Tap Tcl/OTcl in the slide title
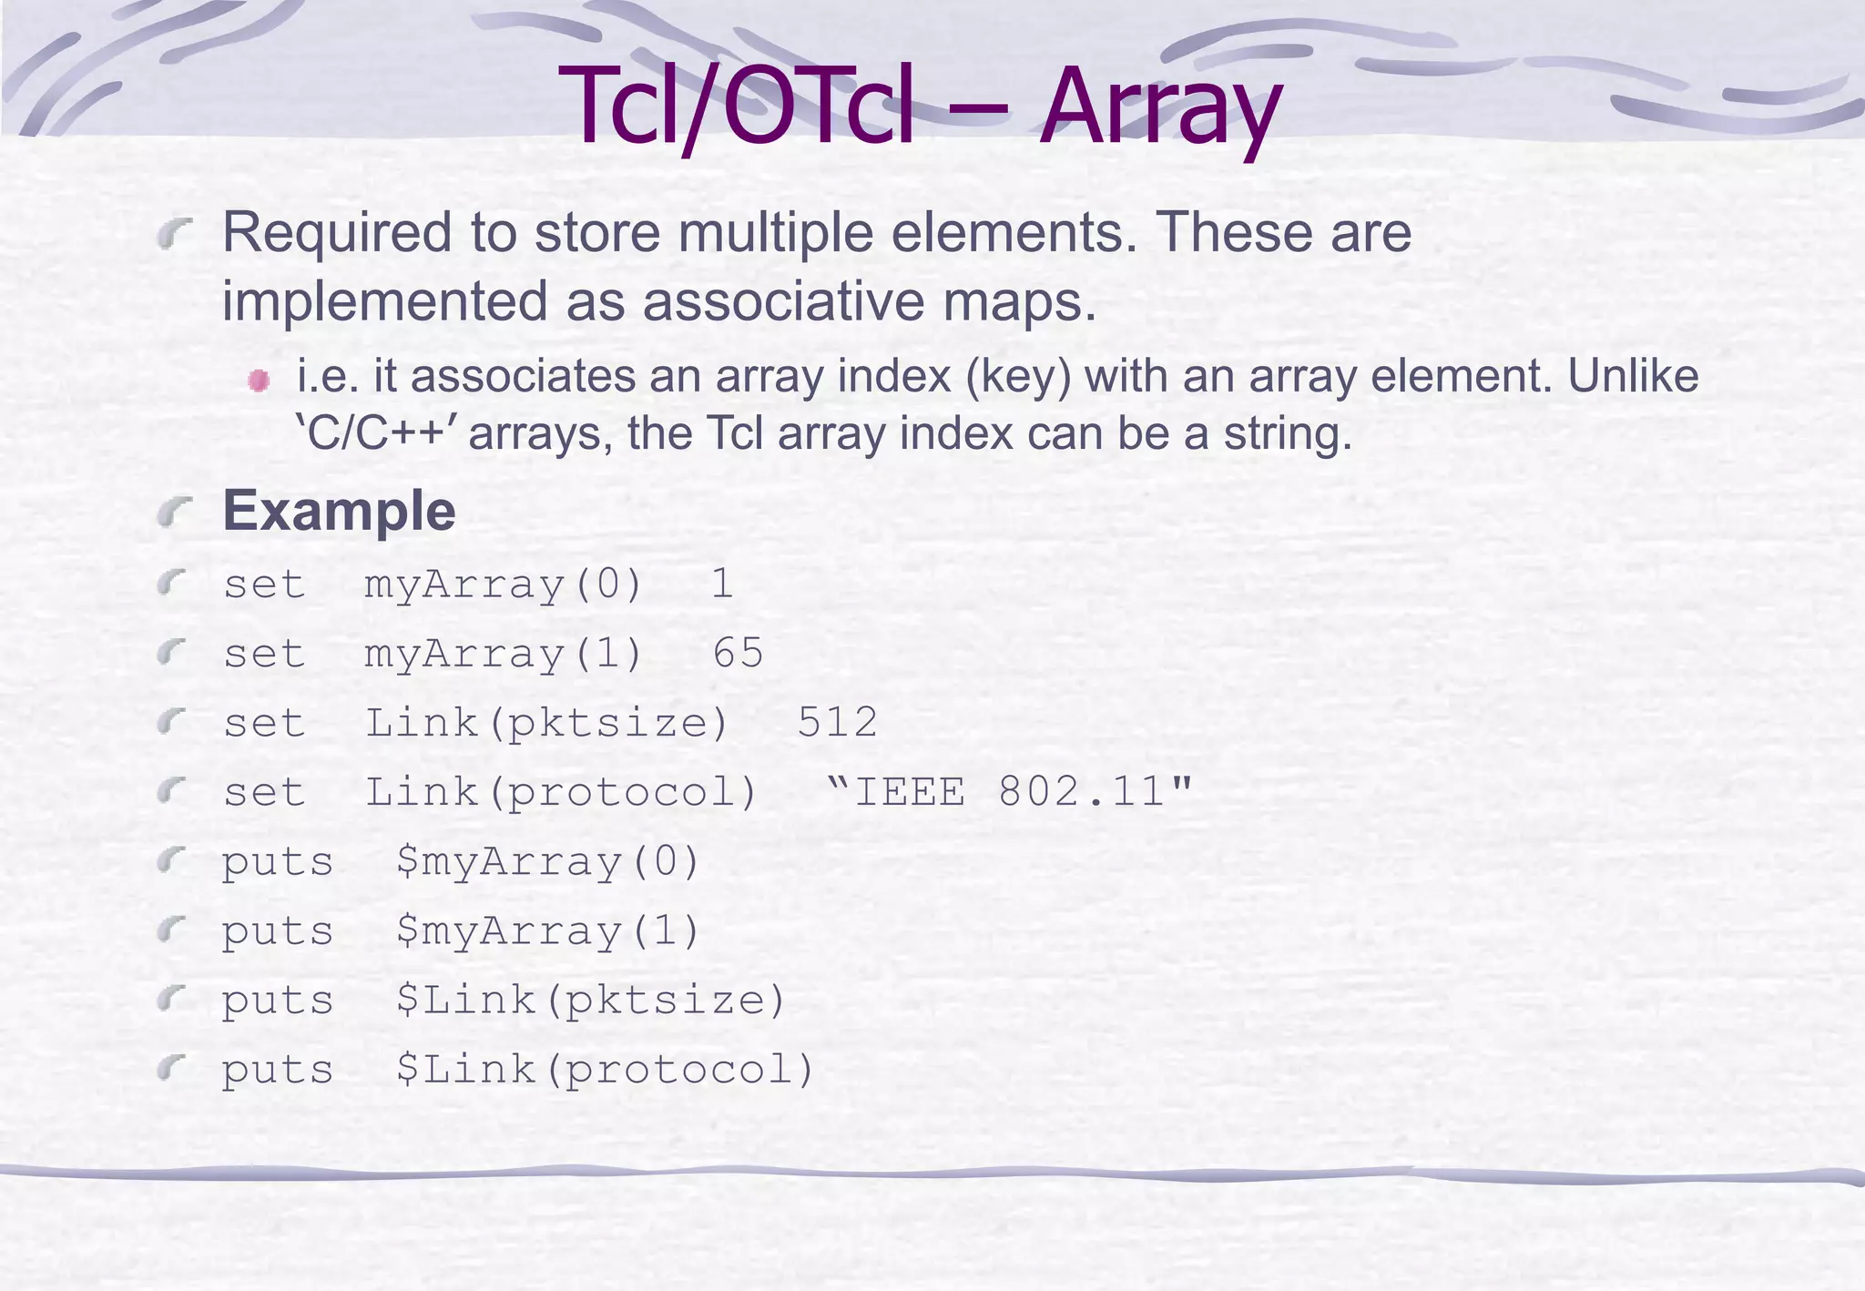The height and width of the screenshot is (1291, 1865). click(x=736, y=107)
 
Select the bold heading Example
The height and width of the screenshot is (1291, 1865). click(x=339, y=510)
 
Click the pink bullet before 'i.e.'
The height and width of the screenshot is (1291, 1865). click(x=259, y=380)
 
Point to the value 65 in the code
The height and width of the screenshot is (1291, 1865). click(x=738, y=653)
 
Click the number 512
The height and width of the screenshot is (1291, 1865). click(x=837, y=722)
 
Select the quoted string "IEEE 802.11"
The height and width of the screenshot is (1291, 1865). click(x=1010, y=790)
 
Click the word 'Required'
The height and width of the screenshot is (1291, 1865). click(x=337, y=232)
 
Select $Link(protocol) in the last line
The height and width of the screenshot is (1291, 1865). click(x=605, y=1069)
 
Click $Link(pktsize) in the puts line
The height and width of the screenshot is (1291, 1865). click(x=590, y=1000)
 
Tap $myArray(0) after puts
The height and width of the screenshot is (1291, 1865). click(x=547, y=861)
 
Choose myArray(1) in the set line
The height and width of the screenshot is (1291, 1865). click(x=504, y=653)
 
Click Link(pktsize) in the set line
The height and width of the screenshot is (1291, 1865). click(x=546, y=722)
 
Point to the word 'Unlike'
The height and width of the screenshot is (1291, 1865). click(x=1633, y=376)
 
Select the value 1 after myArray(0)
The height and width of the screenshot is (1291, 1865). click(x=722, y=584)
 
